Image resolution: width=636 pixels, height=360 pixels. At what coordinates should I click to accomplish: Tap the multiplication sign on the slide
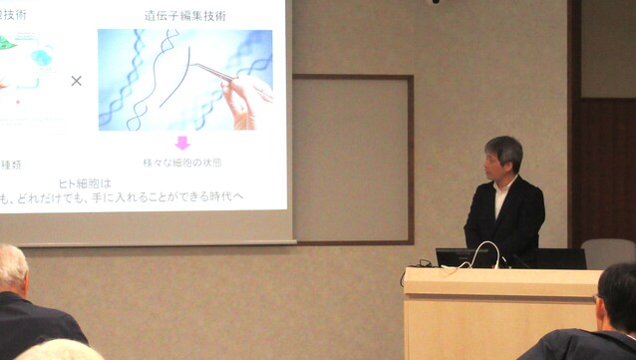pyautogui.click(x=76, y=80)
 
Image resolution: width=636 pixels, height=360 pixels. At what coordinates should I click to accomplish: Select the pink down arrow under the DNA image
pyautogui.click(x=182, y=143)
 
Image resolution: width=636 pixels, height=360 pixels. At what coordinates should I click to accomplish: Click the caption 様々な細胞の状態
pyautogui.click(x=182, y=162)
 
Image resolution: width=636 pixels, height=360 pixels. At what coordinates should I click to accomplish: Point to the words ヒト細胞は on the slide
pyautogui.click(x=86, y=183)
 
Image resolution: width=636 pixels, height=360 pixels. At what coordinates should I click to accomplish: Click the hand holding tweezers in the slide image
pyautogui.click(x=244, y=99)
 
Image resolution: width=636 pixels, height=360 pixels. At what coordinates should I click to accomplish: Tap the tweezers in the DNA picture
pyautogui.click(x=214, y=72)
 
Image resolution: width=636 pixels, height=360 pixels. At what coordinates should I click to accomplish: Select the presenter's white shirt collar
pyautogui.click(x=503, y=186)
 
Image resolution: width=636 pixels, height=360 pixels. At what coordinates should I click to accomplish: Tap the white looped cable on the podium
pyautogui.click(x=487, y=255)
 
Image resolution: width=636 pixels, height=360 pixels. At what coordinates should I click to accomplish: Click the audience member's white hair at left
pyautogui.click(x=12, y=267)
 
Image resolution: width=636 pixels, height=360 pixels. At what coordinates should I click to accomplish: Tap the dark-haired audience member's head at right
pyautogui.click(x=618, y=295)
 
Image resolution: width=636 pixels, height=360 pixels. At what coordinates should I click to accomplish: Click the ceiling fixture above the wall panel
pyautogui.click(x=435, y=2)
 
